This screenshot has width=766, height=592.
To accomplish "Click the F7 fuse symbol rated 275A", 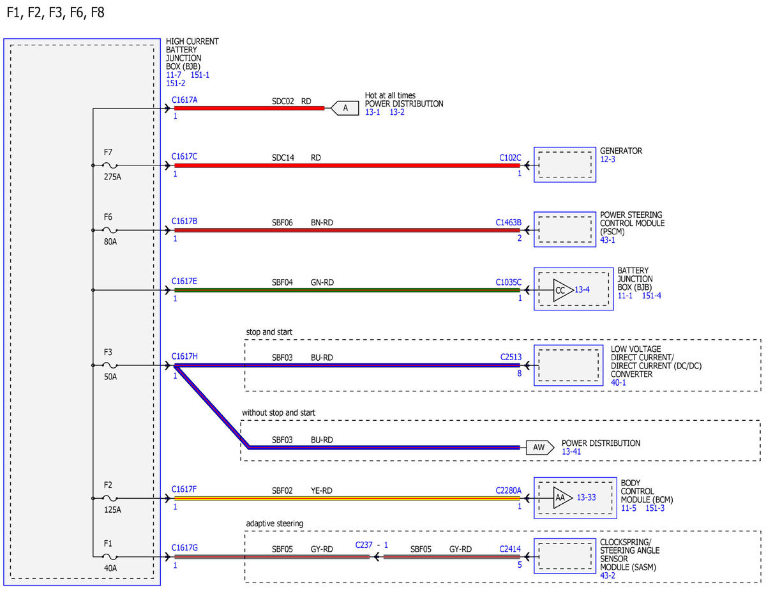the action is pos(110,165).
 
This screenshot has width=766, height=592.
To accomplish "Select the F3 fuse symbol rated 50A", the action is pos(110,365).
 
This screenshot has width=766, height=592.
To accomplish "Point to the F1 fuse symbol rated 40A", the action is pos(110,557).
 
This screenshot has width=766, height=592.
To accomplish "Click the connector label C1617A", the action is pos(184,100).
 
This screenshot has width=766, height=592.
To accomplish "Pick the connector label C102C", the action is pos(510,158).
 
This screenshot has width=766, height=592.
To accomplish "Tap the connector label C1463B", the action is pos(508,222).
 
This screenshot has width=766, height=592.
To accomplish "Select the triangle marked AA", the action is pos(562,497).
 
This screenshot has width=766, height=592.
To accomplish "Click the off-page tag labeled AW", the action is pos(539,448).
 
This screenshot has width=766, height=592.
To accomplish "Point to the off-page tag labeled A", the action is pos(345,108).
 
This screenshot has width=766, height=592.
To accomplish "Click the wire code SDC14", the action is pos(283,158).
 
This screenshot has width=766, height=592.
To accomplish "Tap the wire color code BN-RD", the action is pos(322,222).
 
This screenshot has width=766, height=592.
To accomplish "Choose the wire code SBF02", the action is pos(282,490).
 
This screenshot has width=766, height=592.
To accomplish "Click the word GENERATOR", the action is pos(620,151).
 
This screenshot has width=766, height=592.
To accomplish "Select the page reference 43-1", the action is pos(607,240).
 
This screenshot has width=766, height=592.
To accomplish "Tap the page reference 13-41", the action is pos(571,452).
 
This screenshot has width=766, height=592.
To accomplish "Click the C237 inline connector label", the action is pos(364,545).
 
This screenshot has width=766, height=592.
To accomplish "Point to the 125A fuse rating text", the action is pos(112,510).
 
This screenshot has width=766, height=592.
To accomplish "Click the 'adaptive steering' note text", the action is pos(274,524).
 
